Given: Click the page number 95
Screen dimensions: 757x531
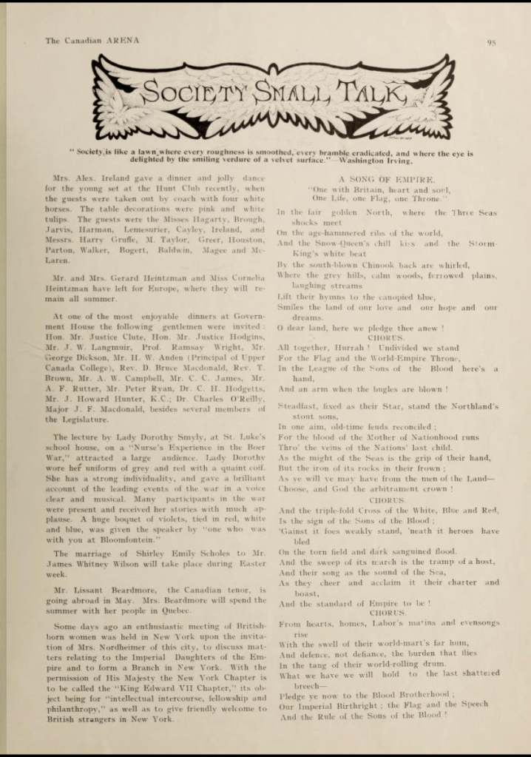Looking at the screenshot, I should point(491,42).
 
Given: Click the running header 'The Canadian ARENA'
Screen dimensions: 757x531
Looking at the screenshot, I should point(92,41).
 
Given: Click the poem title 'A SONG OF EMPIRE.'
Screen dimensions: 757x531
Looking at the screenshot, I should point(387,180).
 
